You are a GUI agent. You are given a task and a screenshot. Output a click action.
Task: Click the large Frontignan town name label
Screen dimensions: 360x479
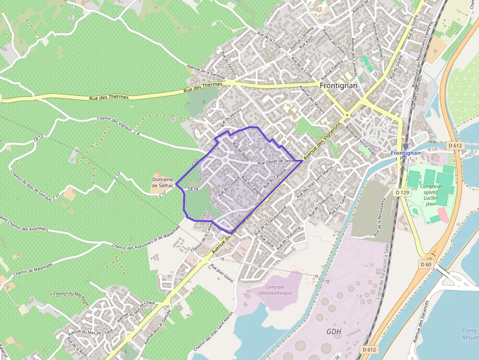pyautogui.click(x=338, y=85)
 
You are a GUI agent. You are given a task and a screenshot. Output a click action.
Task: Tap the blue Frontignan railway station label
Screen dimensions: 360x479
pyautogui.click(x=405, y=153)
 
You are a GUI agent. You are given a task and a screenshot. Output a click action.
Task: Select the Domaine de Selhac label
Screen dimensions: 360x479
pyautogui.click(x=163, y=183)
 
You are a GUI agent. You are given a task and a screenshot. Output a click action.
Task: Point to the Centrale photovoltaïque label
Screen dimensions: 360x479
pyautogui.click(x=272, y=290)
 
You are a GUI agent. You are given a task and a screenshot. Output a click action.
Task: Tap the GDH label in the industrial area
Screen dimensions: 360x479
pyautogui.click(x=334, y=332)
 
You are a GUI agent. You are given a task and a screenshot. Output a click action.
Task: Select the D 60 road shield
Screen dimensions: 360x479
pyautogui.click(x=426, y=264)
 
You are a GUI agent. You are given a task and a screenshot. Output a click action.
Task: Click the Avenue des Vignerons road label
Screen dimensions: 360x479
pyautogui.click(x=321, y=145)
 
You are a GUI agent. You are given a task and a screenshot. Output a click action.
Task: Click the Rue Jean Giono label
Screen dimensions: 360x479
pyautogui.click(x=221, y=274)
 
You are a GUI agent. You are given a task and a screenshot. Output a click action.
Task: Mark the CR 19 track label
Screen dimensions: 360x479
pyautogui.click(x=193, y=189)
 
